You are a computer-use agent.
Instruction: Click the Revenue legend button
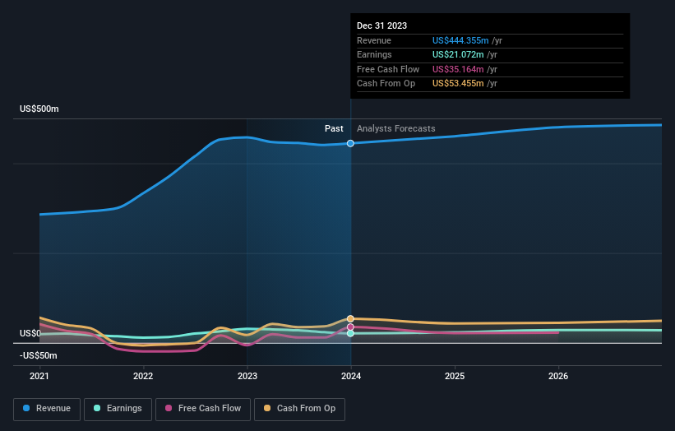pos(47,408)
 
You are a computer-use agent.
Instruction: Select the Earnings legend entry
pos(117,408)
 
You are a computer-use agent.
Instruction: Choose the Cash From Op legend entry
pos(300,408)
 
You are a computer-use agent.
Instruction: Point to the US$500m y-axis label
pos(39,109)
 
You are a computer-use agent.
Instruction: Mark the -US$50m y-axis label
pos(38,355)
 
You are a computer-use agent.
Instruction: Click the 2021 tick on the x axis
pos(39,376)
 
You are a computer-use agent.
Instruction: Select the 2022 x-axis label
pos(143,376)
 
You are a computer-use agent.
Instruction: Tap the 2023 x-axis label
pos(247,376)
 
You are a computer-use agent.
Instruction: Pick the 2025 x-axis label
pos(455,376)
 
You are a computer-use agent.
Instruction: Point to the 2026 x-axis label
pos(558,376)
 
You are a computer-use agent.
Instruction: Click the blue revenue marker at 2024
pos(351,143)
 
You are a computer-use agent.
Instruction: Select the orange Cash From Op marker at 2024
pos(351,318)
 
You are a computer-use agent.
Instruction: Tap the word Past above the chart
pos(334,128)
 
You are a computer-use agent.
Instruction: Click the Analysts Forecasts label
pos(395,128)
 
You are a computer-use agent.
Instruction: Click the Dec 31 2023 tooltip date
pos(381,26)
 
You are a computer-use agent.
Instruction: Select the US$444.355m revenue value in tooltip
pos(460,40)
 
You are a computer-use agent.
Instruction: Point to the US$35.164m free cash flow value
pos(457,69)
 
